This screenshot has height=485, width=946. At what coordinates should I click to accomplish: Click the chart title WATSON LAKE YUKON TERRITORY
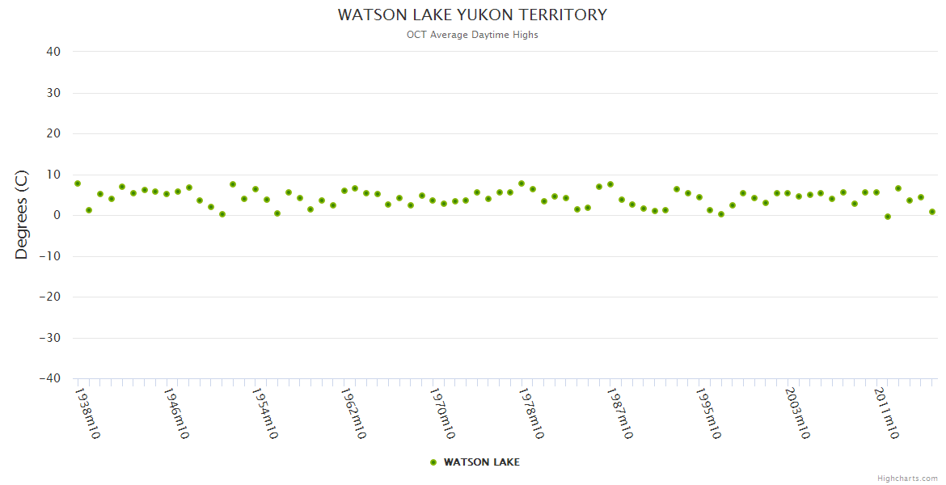(x=472, y=15)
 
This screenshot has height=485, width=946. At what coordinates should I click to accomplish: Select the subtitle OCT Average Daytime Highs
(x=472, y=35)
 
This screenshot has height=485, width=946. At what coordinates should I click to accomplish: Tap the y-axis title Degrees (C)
(x=22, y=214)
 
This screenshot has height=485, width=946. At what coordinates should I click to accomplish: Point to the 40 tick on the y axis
(x=53, y=52)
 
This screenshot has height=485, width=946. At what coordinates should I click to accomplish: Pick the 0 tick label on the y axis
(x=57, y=215)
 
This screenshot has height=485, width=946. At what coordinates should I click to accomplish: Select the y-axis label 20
(x=53, y=133)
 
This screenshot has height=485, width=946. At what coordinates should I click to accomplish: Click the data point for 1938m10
(x=78, y=183)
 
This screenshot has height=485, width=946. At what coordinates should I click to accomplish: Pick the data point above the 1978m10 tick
(x=522, y=183)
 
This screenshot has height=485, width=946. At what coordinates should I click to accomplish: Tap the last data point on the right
(x=932, y=212)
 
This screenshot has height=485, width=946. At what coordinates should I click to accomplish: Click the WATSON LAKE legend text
(x=481, y=462)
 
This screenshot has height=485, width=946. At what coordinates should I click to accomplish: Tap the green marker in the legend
(x=433, y=462)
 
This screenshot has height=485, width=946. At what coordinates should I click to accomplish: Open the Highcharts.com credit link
(x=907, y=479)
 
